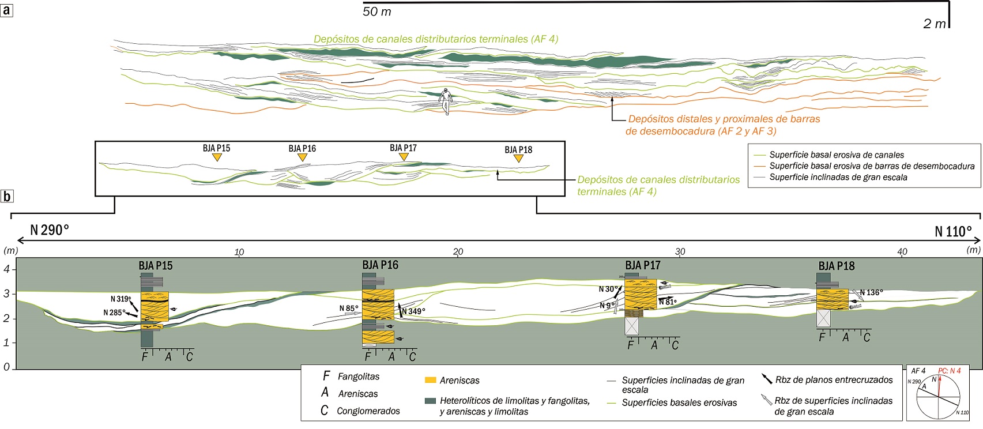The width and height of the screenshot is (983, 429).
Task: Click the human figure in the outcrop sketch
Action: tap(445, 101)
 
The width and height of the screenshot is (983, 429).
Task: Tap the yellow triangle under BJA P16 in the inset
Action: tap(302, 157)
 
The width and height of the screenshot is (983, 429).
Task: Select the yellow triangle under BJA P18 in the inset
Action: tap(518, 159)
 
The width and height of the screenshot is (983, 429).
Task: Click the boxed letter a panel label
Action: tap(6, 10)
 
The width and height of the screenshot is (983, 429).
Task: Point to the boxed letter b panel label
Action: tap(6, 196)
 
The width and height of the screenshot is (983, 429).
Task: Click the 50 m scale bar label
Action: tap(377, 12)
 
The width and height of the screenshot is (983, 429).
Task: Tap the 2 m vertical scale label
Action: tap(935, 24)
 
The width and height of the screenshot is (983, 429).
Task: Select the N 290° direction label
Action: tap(50, 230)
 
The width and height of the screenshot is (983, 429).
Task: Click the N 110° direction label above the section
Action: tap(953, 231)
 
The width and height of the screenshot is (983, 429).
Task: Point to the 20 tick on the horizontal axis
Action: tap(458, 251)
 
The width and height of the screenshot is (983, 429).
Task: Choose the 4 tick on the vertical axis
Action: tap(7, 269)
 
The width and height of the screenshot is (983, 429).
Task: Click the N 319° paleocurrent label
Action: tap(120, 299)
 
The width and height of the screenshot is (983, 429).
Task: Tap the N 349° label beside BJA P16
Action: tap(413, 311)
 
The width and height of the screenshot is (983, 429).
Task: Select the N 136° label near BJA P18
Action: tap(871, 292)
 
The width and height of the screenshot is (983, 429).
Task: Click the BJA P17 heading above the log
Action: tap(642, 265)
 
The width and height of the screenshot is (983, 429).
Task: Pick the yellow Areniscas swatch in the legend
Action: tap(430, 380)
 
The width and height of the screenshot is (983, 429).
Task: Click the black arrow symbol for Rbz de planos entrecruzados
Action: tap(766, 379)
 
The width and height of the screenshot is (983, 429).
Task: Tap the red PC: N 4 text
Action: tap(949, 371)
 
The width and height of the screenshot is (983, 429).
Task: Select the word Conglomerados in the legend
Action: tap(368, 411)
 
